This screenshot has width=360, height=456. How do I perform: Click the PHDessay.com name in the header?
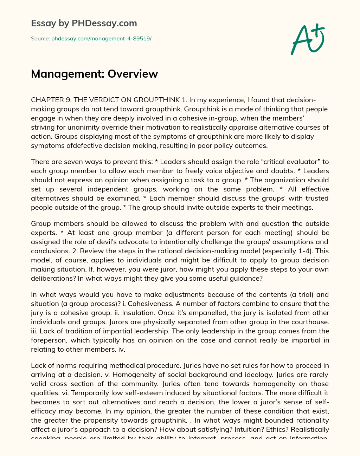click(104, 23)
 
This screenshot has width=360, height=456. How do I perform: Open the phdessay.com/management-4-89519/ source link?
click(101, 39)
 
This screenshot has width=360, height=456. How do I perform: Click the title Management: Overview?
click(95, 74)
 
